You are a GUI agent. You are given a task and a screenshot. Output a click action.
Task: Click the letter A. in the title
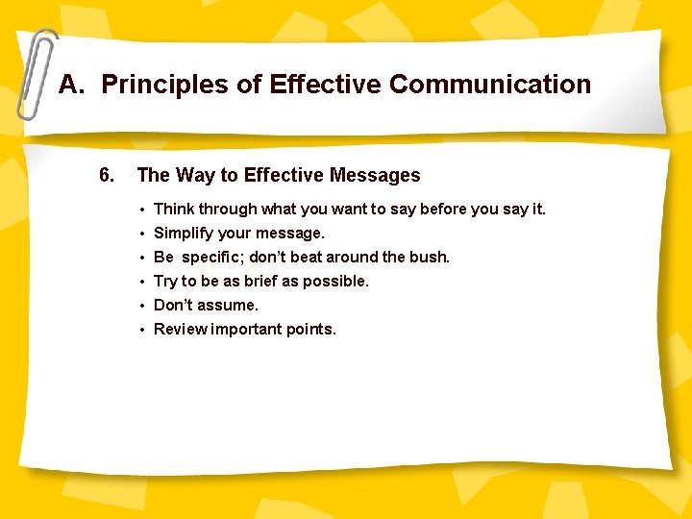click(x=72, y=85)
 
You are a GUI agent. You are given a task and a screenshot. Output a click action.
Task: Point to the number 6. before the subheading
click(x=107, y=175)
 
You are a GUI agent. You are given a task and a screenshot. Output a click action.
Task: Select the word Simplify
click(x=185, y=233)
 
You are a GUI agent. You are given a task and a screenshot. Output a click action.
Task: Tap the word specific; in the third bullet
click(x=213, y=257)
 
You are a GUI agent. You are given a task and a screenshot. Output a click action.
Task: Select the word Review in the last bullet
click(x=179, y=329)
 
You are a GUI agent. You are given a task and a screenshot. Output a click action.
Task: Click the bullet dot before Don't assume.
click(x=141, y=306)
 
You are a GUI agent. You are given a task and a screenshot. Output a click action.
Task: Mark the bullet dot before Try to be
click(x=141, y=282)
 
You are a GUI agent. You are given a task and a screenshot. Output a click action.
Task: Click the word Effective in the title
click(x=326, y=85)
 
